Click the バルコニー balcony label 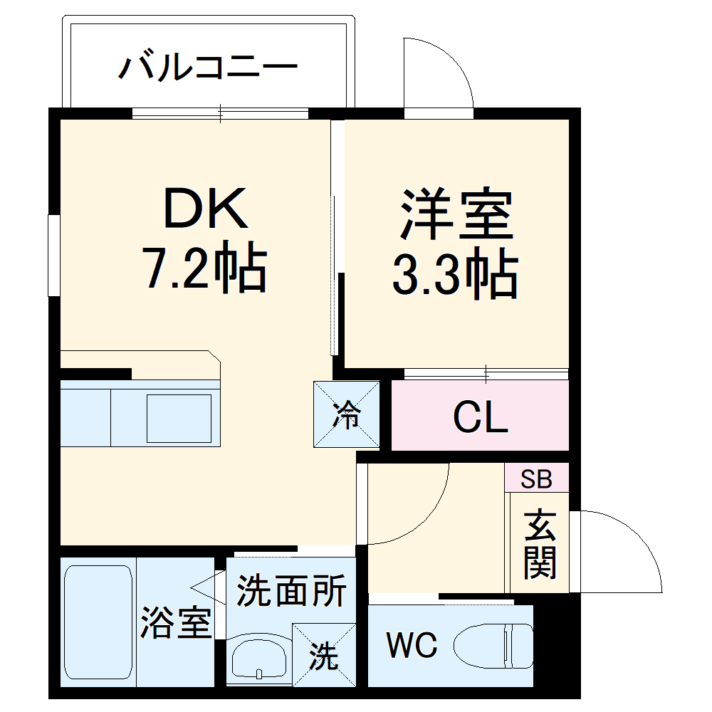click(207, 68)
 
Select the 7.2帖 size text click(206, 269)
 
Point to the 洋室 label click(456, 213)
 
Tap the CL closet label click(481, 418)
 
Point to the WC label click(412, 646)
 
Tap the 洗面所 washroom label click(291, 591)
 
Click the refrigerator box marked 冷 click(347, 414)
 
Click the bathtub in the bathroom click(98, 623)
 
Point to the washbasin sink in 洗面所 click(259, 658)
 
